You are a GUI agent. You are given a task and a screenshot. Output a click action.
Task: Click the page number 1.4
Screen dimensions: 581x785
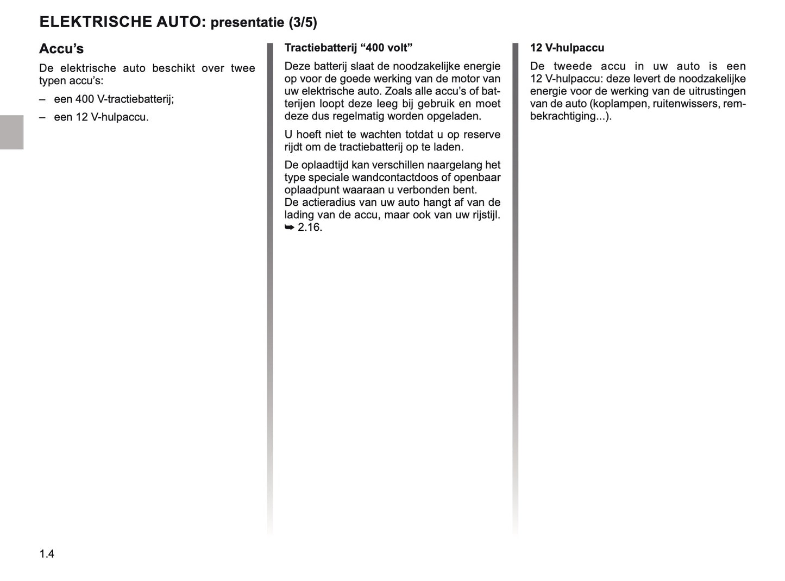click(47, 554)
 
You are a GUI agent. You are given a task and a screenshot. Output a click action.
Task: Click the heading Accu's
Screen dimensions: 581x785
click(61, 49)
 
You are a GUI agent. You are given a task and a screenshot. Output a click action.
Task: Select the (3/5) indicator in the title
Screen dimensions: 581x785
click(303, 22)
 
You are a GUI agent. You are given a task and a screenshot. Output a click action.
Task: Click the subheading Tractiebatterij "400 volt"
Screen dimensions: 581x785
click(348, 48)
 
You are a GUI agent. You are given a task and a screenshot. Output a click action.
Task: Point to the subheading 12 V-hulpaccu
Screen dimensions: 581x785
click(567, 48)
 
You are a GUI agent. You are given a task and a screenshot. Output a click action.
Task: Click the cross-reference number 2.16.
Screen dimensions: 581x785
click(310, 228)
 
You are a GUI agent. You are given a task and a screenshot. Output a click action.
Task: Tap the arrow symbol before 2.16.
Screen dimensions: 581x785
click(290, 228)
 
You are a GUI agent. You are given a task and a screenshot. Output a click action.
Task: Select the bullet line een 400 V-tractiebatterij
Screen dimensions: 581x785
click(114, 99)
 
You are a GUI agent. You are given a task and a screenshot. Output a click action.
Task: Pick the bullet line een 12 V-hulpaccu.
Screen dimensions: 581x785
click(101, 117)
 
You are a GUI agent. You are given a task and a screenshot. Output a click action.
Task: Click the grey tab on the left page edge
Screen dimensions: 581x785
click(11, 132)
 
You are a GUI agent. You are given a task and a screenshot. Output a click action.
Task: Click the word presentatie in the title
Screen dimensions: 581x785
click(247, 22)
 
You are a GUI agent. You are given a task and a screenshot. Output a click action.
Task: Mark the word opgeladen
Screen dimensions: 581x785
click(455, 116)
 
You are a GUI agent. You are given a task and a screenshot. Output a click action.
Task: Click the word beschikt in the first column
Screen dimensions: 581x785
click(173, 68)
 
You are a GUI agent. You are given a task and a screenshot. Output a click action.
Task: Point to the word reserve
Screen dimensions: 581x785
click(481, 135)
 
